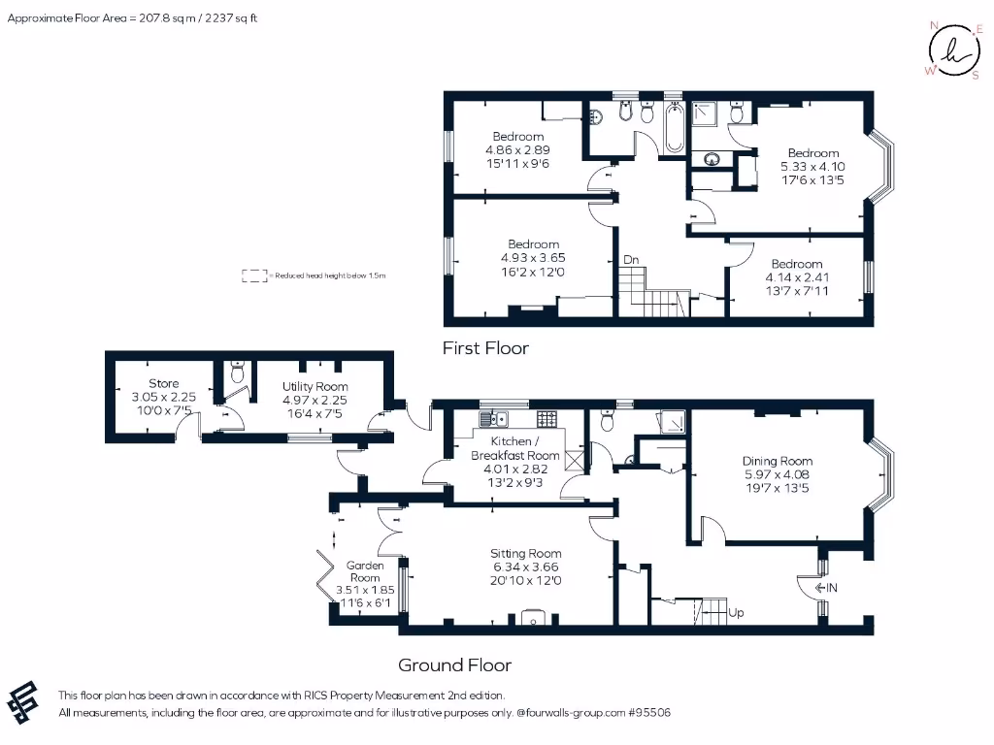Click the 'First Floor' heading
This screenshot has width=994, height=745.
coord(485,347)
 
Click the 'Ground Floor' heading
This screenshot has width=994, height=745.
coord(454,664)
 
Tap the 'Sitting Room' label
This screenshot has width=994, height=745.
coord(525,554)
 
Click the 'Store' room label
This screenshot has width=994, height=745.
coord(164,384)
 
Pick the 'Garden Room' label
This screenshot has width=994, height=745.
coord(365,571)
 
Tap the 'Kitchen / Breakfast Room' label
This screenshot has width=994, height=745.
coord(514,448)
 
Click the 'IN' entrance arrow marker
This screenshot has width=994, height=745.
coord(827,588)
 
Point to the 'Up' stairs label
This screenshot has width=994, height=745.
coord(736,613)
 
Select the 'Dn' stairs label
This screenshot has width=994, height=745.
coord(631,260)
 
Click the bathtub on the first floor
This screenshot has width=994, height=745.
coord(674,130)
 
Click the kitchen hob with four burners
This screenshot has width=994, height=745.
coord(547,419)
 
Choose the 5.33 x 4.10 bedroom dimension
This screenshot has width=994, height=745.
coord(812,166)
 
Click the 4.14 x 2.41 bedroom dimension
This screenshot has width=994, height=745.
coord(796,276)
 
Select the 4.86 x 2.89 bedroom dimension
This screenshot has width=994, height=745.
coord(517,150)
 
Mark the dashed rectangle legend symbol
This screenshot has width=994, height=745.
coord(254,275)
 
